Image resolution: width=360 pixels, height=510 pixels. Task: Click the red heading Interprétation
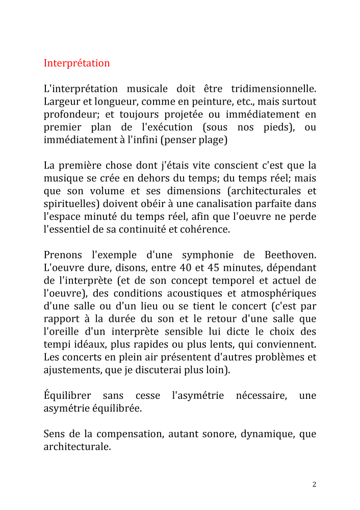[x=76, y=63]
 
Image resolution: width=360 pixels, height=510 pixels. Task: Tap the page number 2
[x=314, y=484]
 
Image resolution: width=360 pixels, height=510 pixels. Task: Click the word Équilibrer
[x=67, y=396]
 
